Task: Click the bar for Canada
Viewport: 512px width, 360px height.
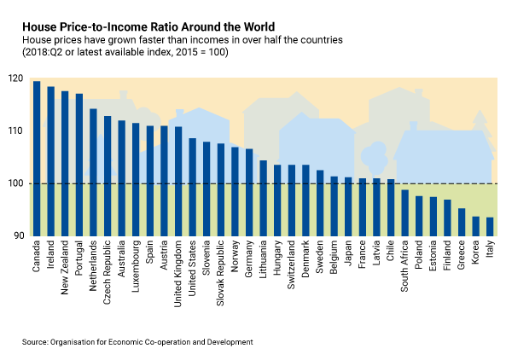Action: click(37, 158)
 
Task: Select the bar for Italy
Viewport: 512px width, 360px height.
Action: click(489, 226)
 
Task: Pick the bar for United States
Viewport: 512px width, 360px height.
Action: click(192, 187)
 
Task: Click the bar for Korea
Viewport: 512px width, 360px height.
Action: click(475, 226)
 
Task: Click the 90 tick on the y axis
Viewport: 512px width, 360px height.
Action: click(19, 236)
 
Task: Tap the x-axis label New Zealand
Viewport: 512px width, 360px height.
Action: click(66, 270)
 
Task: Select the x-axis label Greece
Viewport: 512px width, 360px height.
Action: click(462, 258)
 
